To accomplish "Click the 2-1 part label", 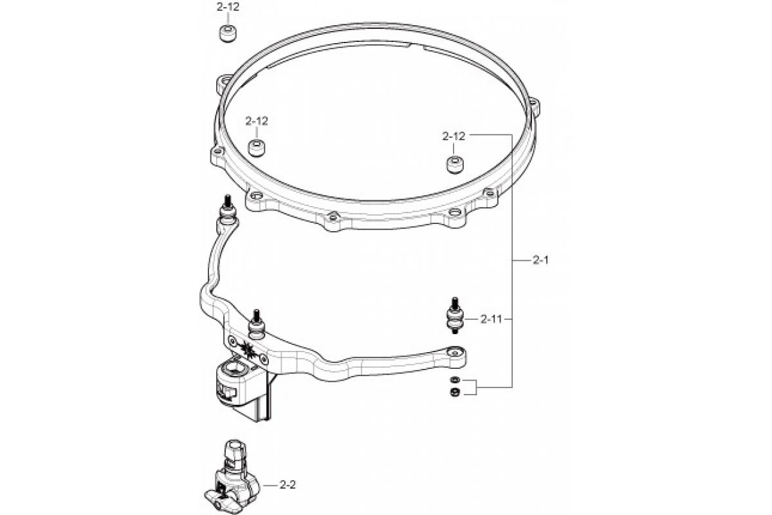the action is (x=540, y=260).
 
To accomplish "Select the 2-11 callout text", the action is (x=492, y=319).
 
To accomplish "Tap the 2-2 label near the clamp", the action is (x=288, y=485).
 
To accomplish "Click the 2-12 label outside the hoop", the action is (x=228, y=7).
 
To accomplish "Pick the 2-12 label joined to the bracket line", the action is (x=454, y=136).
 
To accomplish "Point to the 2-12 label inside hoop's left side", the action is (x=257, y=121).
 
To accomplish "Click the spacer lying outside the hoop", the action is (x=228, y=33).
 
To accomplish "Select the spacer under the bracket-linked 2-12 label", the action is (x=455, y=165).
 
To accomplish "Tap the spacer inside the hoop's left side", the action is (x=257, y=148).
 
